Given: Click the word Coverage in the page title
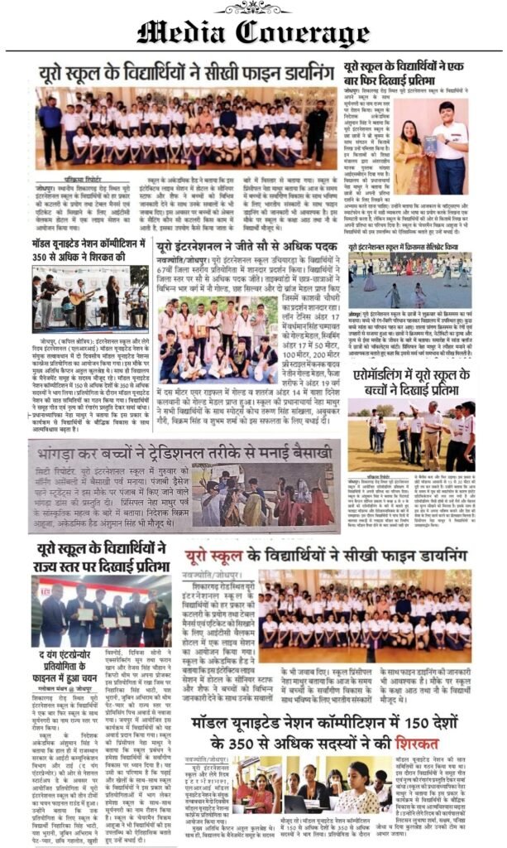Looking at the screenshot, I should (x=306, y=32).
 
